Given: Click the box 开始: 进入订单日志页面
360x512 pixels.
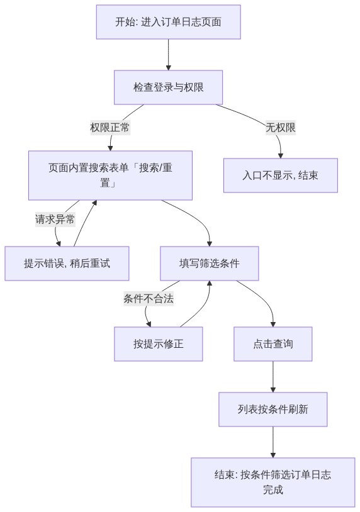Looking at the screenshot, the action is pos(168,22).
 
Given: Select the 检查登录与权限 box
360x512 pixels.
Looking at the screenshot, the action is pos(168,87).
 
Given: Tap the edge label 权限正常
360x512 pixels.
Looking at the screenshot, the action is pos(110,127).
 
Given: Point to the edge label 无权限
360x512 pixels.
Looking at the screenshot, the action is pos(281,127).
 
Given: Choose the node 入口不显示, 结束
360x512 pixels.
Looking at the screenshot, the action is pos(281,175).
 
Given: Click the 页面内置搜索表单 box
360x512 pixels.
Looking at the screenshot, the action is pos(110,175).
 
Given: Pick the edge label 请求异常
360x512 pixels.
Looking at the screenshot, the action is pos(55,219).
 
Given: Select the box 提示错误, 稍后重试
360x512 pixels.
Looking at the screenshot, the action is pos(67,264).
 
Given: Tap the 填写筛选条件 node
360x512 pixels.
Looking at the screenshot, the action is pos(210,264).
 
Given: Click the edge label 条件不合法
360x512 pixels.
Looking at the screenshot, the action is pos(149,298).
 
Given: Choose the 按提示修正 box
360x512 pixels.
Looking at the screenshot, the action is pos(159,344).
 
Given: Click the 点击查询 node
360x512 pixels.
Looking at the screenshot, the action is pos(273,344).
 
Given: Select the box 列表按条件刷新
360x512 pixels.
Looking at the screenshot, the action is pos(273,409).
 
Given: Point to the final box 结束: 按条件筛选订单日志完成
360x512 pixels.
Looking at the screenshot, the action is pos(273,482).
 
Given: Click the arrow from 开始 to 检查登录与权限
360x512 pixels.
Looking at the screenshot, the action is pos(169,55).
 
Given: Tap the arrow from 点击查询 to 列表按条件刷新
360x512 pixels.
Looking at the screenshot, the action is pos(273,377).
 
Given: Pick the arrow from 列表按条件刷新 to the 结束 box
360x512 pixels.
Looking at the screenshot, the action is pos(273,442).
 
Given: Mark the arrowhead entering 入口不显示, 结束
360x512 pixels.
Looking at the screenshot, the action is pos(280,156).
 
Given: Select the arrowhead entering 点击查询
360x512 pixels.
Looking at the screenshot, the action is pos(273,324).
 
